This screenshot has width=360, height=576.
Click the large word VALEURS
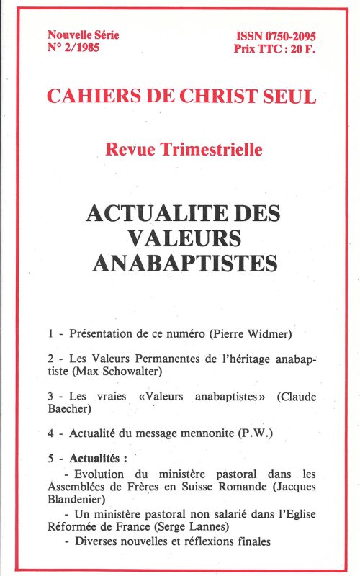click(x=184, y=238)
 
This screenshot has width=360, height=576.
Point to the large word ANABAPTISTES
click(x=184, y=263)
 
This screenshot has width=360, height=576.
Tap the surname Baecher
click(x=71, y=409)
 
